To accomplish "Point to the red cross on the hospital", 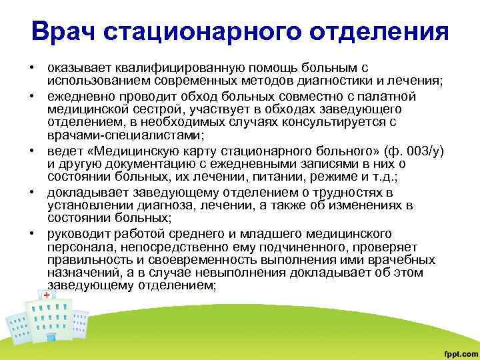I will tap(46, 293).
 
